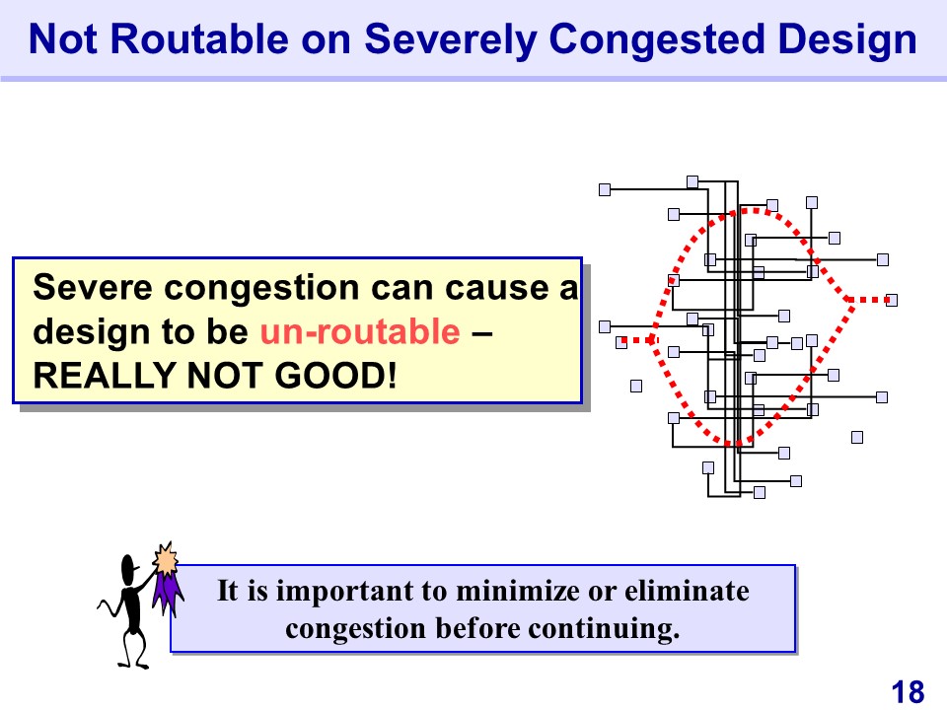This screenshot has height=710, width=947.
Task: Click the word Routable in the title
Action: (x=200, y=39)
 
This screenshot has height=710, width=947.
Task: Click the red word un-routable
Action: (x=360, y=331)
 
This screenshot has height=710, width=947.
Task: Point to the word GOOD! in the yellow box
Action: (x=335, y=375)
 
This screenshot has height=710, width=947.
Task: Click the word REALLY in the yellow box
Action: (x=104, y=375)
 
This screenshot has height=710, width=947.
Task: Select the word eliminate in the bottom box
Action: (x=687, y=591)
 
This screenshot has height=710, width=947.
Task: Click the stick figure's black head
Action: (x=128, y=569)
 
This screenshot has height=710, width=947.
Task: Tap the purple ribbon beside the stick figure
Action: (x=167, y=594)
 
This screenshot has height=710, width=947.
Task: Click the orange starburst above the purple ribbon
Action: (x=166, y=558)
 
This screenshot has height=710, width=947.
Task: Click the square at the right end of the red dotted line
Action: (x=892, y=300)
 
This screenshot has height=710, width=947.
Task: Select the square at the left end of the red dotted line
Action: (x=620, y=343)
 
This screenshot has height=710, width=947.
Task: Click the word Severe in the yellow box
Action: (x=93, y=287)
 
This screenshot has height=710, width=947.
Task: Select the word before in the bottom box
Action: (x=477, y=628)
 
